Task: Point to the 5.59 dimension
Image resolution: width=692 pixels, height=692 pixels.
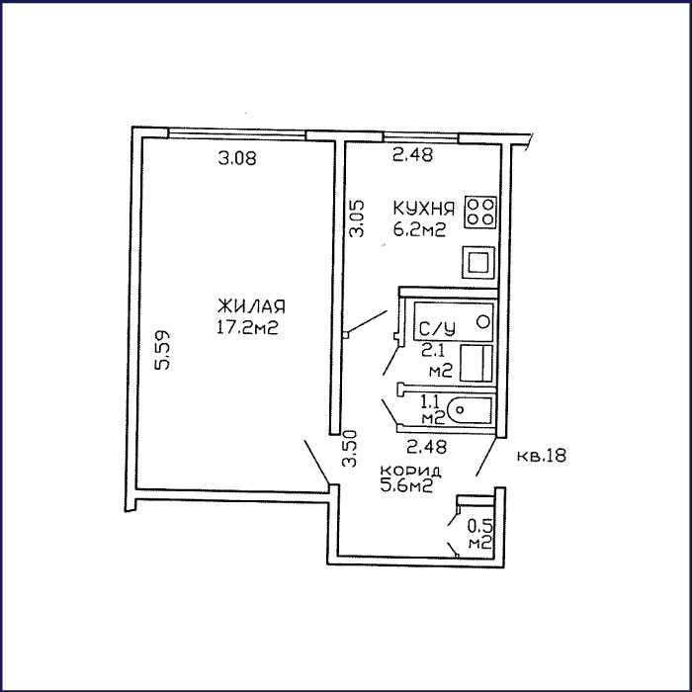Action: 165,350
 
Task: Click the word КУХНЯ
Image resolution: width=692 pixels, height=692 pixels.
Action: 423,210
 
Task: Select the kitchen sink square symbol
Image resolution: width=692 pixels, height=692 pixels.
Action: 480,262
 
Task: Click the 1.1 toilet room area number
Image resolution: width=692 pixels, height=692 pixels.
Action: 431,401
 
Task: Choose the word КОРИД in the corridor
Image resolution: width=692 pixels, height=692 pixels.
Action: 404,470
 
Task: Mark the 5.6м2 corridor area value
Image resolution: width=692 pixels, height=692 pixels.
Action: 406,485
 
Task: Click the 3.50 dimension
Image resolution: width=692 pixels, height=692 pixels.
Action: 349,449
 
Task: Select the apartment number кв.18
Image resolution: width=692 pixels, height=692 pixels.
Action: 540,456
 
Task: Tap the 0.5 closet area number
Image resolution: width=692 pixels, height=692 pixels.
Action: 478,527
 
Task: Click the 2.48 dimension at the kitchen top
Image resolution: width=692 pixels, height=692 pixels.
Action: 412,154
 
